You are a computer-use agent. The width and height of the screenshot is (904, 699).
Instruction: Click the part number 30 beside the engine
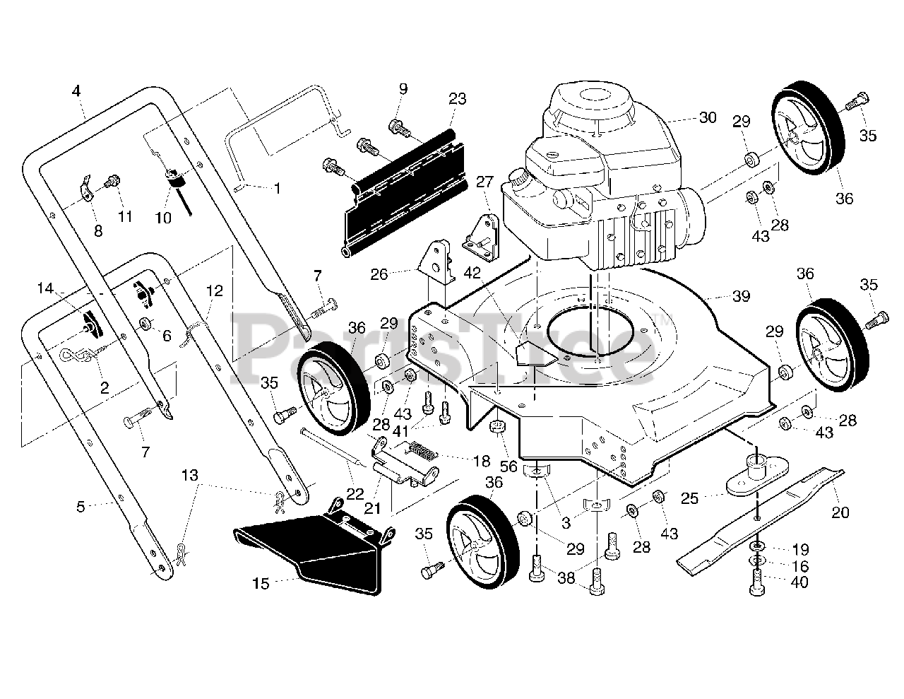(x=708, y=118)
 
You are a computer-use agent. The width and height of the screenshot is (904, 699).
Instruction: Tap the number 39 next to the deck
(x=740, y=296)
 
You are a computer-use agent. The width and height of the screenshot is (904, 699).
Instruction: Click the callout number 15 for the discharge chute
(x=261, y=584)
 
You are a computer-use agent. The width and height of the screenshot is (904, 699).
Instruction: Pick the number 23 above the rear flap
(x=457, y=99)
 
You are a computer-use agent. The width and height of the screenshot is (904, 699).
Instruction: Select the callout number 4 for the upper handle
(x=76, y=90)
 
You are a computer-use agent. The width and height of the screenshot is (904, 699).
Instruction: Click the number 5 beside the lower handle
(x=81, y=506)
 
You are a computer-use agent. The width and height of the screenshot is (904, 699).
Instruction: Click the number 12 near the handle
(x=215, y=290)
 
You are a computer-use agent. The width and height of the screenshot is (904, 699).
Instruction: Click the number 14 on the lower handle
(x=46, y=288)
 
